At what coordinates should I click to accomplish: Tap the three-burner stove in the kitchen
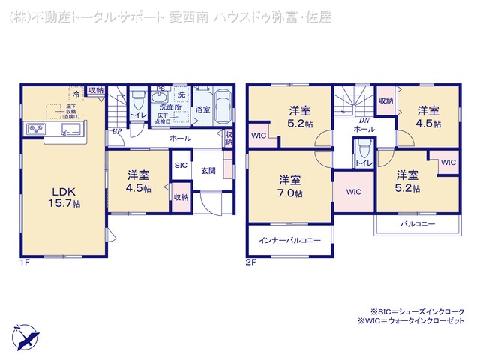[x=36, y=130]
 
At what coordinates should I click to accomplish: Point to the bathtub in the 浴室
[x=222, y=109]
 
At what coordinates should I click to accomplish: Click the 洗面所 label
[x=170, y=108]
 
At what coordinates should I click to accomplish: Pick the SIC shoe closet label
[x=181, y=165]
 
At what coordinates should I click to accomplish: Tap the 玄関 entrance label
[x=208, y=170]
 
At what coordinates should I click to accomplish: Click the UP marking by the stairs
[x=117, y=132]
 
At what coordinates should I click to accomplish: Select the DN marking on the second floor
[x=363, y=120]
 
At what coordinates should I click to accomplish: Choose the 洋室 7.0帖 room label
[x=290, y=186]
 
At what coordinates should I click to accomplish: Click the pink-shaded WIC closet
[x=353, y=192]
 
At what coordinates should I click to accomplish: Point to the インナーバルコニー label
[x=290, y=241]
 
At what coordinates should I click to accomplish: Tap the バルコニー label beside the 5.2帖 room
[x=417, y=223]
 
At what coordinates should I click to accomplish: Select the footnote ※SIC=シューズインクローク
[x=417, y=310]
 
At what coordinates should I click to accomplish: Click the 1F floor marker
[x=25, y=262]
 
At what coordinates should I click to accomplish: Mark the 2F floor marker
[x=252, y=262]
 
